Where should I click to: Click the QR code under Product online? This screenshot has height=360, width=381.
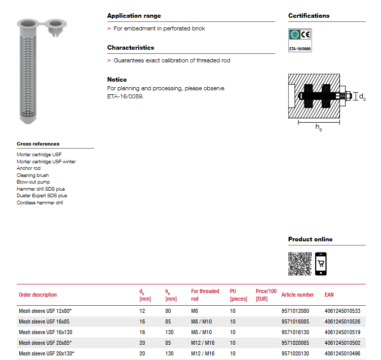(300, 264)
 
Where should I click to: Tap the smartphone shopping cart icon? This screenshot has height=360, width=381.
(321, 264)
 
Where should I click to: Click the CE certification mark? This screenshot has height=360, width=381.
(305, 35)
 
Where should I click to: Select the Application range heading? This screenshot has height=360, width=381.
(134, 16)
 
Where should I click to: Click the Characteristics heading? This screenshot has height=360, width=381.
(131, 48)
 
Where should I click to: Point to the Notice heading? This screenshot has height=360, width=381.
(117, 80)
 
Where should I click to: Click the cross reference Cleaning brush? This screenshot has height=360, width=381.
(33, 175)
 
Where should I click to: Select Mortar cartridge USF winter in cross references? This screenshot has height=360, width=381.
(46, 161)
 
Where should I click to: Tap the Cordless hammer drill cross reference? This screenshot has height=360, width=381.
(40, 202)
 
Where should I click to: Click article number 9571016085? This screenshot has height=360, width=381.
(295, 321)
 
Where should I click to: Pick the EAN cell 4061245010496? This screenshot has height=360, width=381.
(342, 353)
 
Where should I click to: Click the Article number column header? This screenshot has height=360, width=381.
(297, 295)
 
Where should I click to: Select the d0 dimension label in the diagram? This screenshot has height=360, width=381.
(362, 97)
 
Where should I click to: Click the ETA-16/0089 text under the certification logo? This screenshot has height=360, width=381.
(299, 49)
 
